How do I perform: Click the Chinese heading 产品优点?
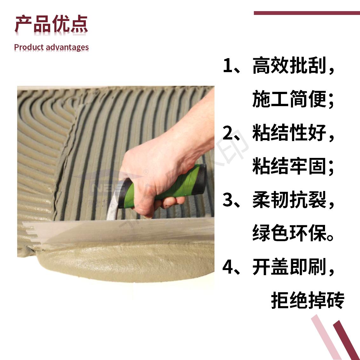point(51,24)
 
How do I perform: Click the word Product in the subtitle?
point(29,47)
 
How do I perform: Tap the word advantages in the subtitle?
point(67,47)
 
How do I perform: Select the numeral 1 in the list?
point(228,65)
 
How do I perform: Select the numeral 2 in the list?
point(228,132)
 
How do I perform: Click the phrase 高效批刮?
point(289,66)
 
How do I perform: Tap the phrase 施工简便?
point(289,99)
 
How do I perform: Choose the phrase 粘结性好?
point(289,132)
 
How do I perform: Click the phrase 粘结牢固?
point(289,166)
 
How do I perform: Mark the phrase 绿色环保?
point(289,233)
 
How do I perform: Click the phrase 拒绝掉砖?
point(308,300)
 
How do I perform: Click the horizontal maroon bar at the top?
point(307,13)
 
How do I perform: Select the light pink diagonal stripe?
point(326,337)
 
